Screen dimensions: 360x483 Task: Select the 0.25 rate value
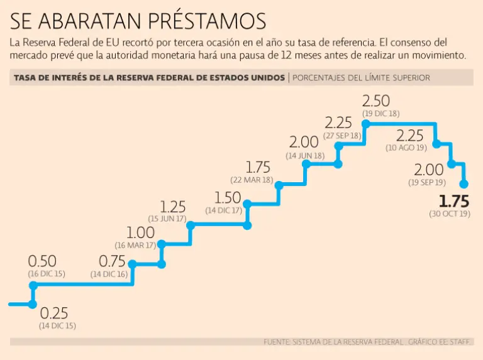54,314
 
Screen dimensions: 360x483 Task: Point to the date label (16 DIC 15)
46,274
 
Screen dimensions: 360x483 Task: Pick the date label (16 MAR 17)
135,245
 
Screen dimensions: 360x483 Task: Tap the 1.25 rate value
173,207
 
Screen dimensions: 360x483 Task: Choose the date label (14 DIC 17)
223,210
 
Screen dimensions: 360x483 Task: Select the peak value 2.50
376,101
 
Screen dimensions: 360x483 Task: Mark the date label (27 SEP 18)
343,135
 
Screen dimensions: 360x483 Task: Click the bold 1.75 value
454,202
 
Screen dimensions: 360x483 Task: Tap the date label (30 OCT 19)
450,214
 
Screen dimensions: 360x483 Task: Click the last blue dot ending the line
464,184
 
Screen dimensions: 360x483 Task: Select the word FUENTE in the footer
276,342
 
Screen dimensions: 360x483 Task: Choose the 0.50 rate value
42,261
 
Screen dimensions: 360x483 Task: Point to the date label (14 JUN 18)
305,155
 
